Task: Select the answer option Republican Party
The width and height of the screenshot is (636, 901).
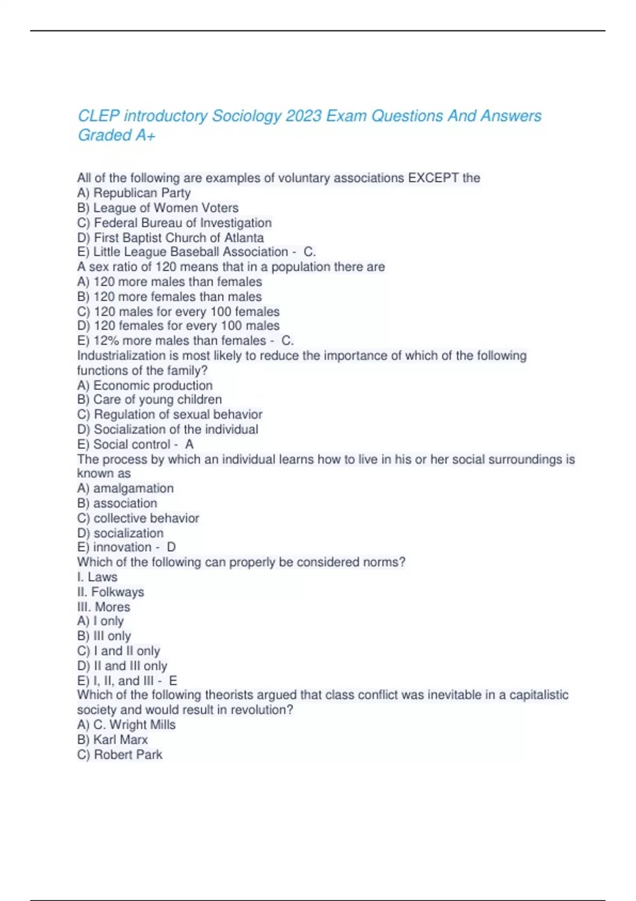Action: pyautogui.click(x=142, y=193)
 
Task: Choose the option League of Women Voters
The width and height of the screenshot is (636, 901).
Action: pyautogui.click(x=165, y=208)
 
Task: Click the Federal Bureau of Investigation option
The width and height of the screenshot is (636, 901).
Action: pyautogui.click(x=182, y=223)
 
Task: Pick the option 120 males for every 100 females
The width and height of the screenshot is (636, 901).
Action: pyautogui.click(x=186, y=312)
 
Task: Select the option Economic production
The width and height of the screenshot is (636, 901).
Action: pyautogui.click(x=153, y=385)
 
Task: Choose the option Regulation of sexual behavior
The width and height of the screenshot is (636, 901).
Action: pyautogui.click(x=178, y=414)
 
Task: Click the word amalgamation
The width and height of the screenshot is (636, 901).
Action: pyautogui.click(x=133, y=488)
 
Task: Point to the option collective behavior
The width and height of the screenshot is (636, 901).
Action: pyautogui.click(x=146, y=518)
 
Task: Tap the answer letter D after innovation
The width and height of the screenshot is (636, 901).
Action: pyautogui.click(x=171, y=547)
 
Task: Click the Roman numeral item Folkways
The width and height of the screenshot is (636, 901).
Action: pyautogui.click(x=117, y=592)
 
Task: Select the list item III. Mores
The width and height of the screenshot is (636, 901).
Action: pyautogui.click(x=104, y=607)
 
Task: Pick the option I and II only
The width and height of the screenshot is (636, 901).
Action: pyautogui.click(x=127, y=651)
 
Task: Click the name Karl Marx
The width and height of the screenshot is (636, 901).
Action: pyautogui.click(x=120, y=739)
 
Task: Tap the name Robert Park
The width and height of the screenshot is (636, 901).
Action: pyautogui.click(x=128, y=754)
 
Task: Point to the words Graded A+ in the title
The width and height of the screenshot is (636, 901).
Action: pyautogui.click(x=117, y=136)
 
